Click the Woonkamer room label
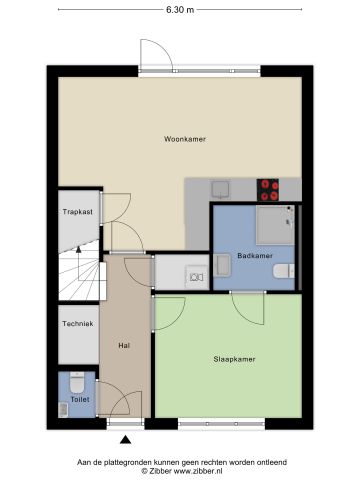[185, 139]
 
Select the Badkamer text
[255, 256]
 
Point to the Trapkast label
[77, 212]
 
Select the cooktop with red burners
[269, 185]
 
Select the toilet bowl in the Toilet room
[77, 381]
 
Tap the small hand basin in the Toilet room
[64, 407]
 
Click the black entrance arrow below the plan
[125, 439]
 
